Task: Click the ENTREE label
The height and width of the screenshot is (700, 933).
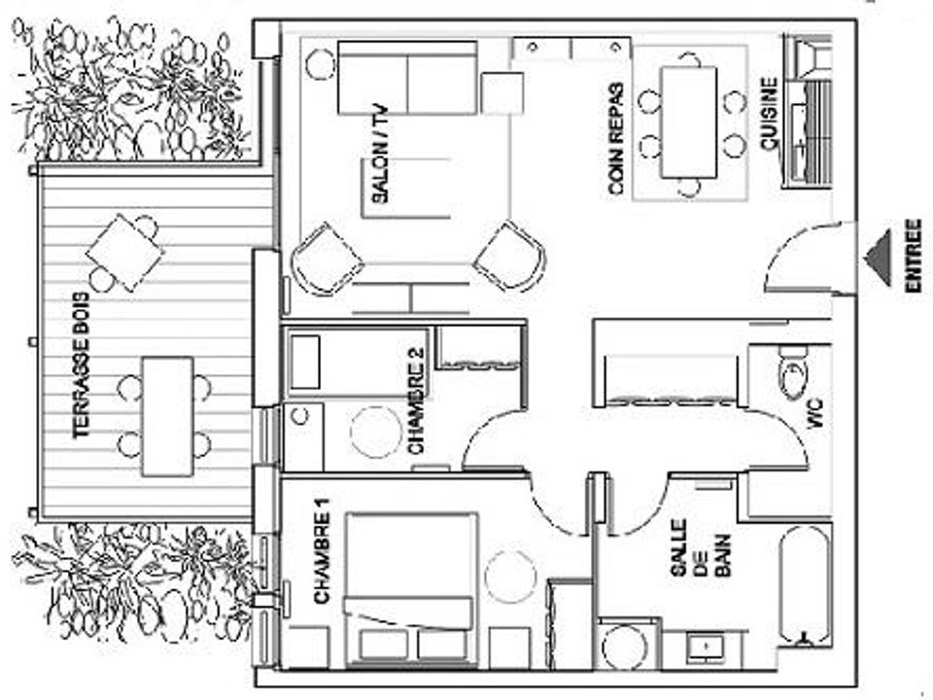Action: [914, 256]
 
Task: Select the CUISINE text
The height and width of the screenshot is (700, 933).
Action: [769, 114]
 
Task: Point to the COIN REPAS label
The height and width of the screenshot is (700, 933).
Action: [616, 139]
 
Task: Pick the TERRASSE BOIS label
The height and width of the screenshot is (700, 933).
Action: [81, 367]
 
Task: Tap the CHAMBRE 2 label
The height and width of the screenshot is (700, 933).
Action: [417, 400]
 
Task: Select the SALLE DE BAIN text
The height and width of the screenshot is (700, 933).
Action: [700, 548]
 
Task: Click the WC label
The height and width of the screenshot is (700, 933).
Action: [815, 414]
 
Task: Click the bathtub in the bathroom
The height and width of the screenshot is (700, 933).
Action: [804, 585]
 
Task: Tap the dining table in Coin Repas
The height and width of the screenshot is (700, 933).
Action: [689, 122]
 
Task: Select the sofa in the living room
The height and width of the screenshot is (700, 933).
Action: [407, 78]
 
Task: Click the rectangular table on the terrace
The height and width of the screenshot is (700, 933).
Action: [168, 416]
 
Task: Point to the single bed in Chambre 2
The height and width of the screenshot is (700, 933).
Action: [357, 363]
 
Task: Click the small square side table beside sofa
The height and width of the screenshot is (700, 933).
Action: [502, 93]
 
